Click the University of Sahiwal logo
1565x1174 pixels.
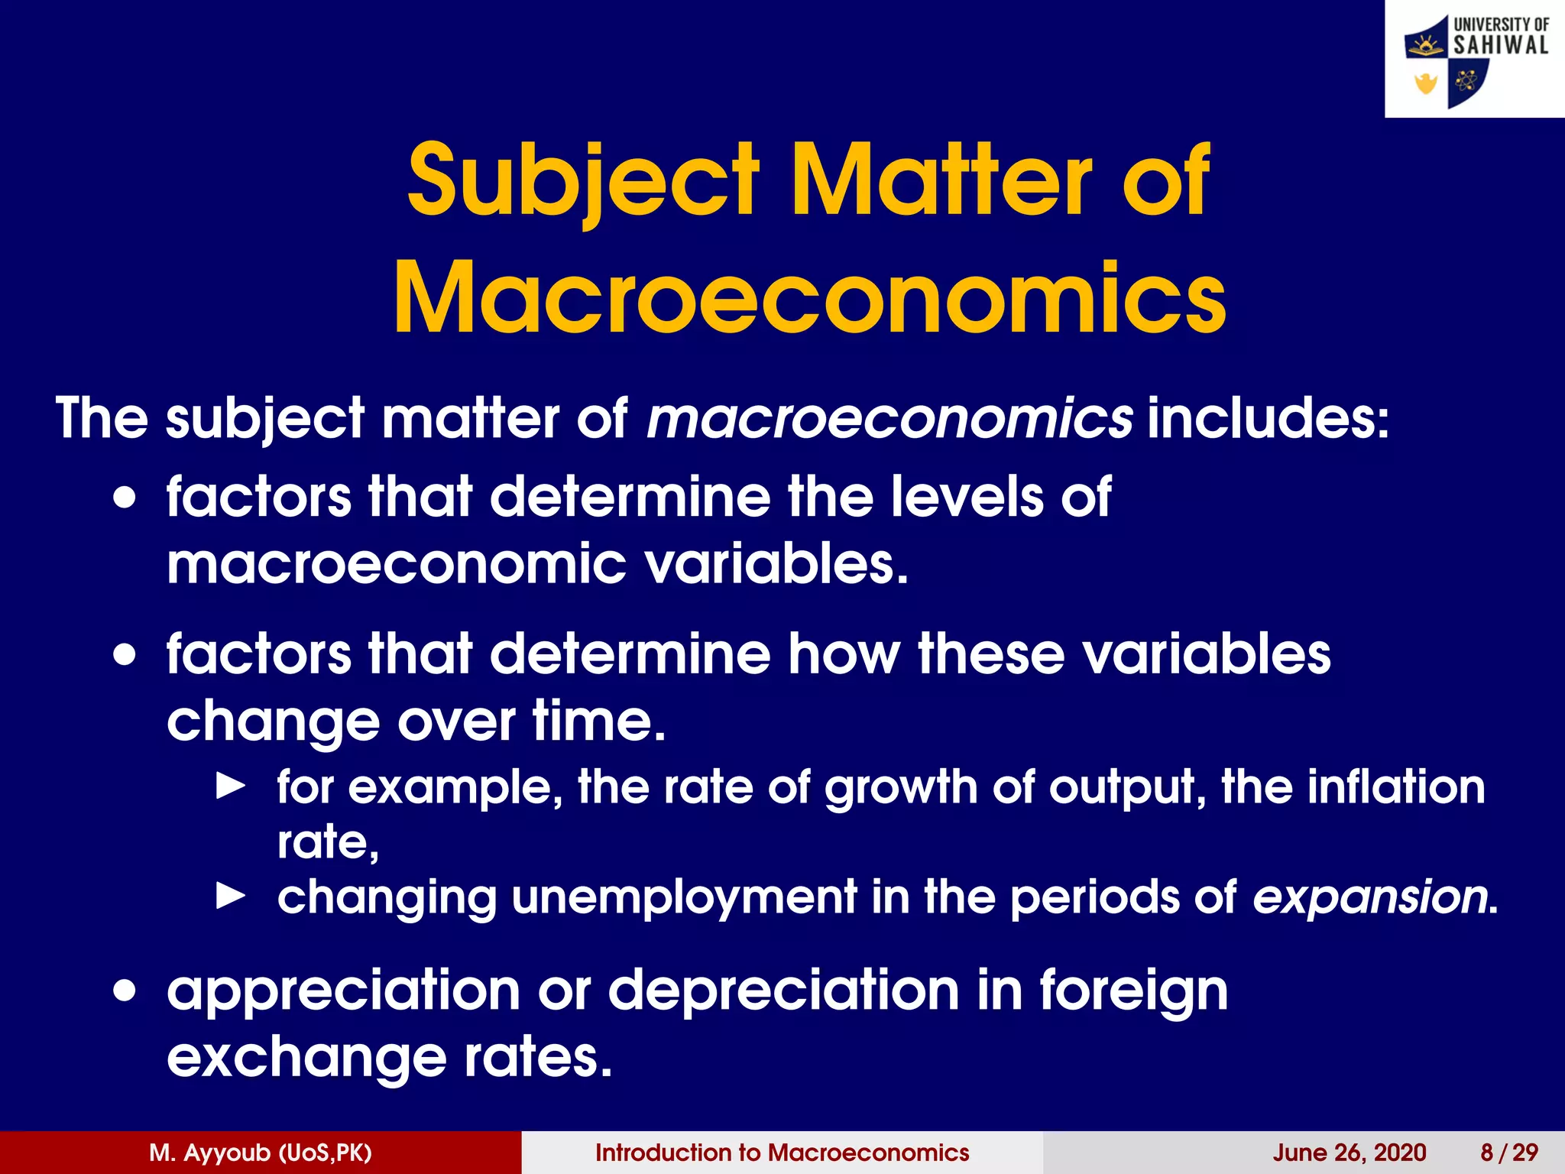click(1475, 60)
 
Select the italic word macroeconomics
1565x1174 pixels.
click(889, 418)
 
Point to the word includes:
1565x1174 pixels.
click(1268, 418)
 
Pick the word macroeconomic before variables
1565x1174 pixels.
click(397, 564)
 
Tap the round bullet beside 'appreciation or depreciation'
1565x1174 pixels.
click(125, 991)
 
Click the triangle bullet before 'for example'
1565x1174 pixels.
click(231, 785)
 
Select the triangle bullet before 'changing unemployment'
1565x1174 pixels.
click(231, 895)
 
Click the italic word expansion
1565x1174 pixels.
click(1369, 897)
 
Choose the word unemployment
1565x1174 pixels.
click(685, 897)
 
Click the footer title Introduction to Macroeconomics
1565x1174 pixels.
click(782, 1153)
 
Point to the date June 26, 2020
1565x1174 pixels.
click(1350, 1153)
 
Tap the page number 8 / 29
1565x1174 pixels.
click(1509, 1153)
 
